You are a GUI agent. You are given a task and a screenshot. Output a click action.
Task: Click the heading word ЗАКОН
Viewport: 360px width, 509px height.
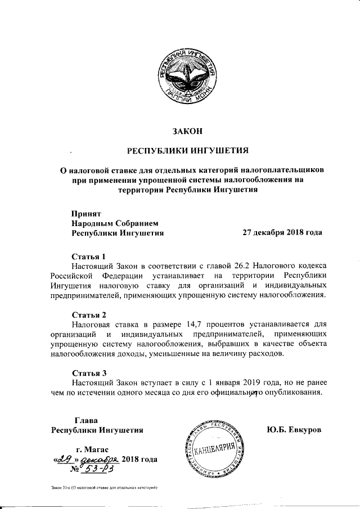coord(186,132)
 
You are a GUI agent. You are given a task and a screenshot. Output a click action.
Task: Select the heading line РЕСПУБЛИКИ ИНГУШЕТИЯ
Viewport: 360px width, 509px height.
coord(186,151)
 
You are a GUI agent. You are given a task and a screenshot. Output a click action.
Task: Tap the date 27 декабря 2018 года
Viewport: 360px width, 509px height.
coord(282,232)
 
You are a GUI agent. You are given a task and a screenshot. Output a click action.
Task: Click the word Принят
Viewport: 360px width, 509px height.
coord(85,213)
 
